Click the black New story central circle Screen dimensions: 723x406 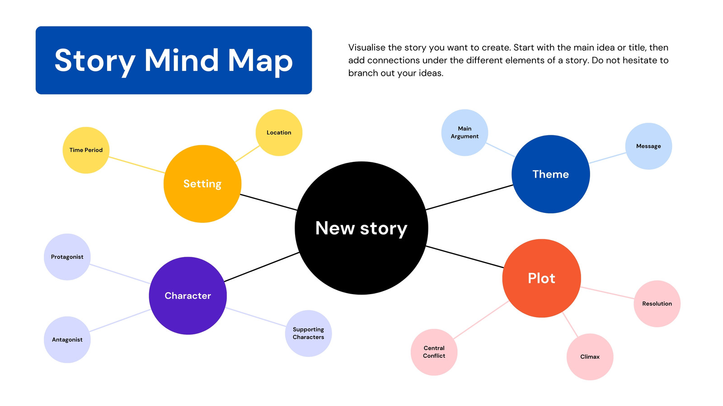(361, 228)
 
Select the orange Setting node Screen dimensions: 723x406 (202, 184)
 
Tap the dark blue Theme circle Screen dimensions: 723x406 (551, 174)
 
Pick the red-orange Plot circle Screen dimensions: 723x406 (542, 278)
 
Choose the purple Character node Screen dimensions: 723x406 (188, 295)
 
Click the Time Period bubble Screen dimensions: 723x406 (86, 150)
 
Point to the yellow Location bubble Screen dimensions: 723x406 (279, 133)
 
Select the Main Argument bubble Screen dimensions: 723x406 (465, 133)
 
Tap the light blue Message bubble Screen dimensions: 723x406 (648, 146)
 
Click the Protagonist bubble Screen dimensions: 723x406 (67, 257)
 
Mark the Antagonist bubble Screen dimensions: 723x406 (67, 340)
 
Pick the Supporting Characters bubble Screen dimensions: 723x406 (308, 333)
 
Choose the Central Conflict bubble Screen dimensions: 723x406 (434, 352)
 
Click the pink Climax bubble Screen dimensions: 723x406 (590, 357)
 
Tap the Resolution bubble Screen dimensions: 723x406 (657, 304)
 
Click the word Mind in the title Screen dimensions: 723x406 (181, 60)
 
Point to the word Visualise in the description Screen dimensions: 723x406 (366, 47)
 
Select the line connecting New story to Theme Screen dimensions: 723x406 (469, 197)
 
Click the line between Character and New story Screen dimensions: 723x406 (262, 267)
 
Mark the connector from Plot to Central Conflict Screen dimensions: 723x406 (481, 320)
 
